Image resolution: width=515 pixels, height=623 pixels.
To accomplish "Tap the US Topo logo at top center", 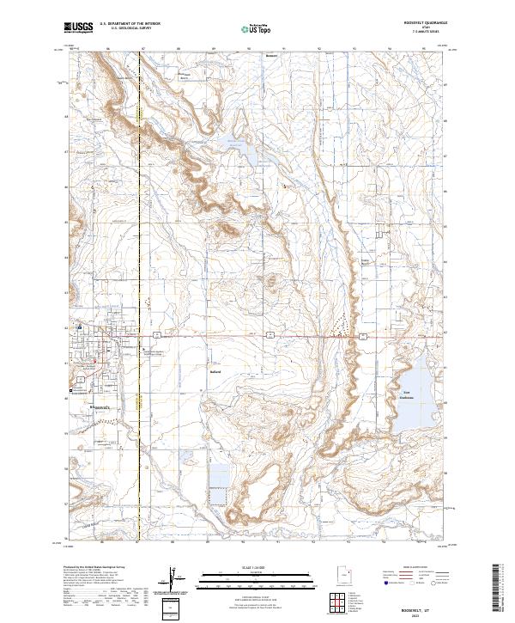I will (x=257, y=29).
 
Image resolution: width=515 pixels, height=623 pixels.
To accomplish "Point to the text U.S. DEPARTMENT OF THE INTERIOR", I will (x=130, y=24).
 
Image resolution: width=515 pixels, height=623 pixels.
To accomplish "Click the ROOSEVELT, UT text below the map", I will (x=427, y=607).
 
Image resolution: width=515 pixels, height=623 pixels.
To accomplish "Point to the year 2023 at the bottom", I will (x=427, y=614).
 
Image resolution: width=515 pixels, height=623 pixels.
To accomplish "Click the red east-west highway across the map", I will (x=257, y=336).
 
